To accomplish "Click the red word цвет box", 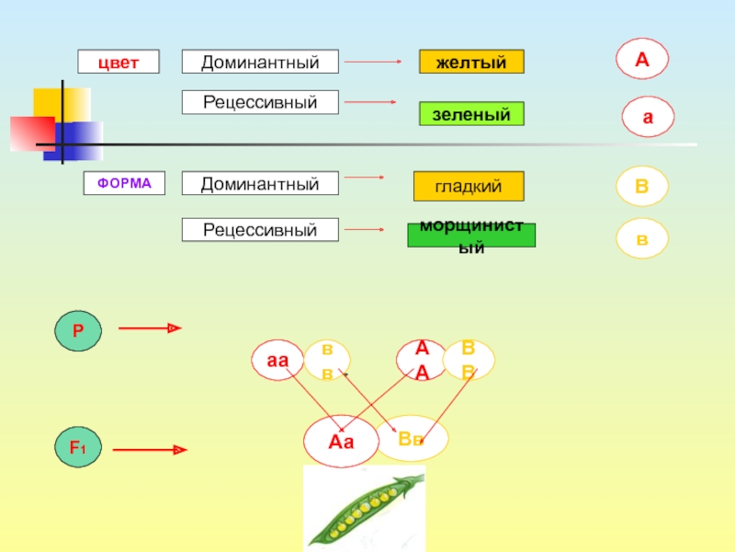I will coord(119,62).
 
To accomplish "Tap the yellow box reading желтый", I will coord(471,62).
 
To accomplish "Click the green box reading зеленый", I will coord(471,114).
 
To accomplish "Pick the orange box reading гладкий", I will coord(469,186).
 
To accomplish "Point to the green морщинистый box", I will coord(471,236).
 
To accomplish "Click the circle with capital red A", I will coord(641,59).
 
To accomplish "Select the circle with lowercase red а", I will coord(648,118).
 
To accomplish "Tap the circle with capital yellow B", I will coord(641,186).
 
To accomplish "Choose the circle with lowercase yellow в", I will coord(641,238).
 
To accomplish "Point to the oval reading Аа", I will coord(341,441).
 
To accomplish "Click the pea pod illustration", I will coord(364,508).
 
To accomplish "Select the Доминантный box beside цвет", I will coord(260,62).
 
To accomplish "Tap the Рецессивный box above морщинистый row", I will coord(260,229).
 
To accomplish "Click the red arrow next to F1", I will coord(151,450).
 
